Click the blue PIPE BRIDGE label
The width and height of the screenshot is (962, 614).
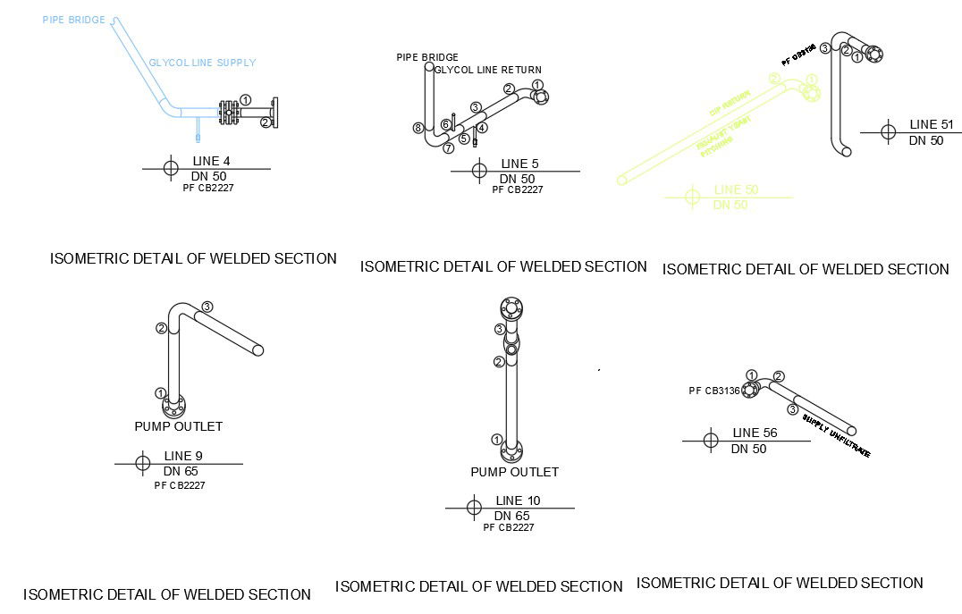coord(73,20)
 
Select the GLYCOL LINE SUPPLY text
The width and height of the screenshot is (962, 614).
coord(202,63)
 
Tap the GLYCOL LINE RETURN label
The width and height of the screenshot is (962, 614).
coord(488,70)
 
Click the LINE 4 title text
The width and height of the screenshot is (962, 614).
coord(211,161)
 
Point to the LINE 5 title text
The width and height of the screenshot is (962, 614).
coord(520,164)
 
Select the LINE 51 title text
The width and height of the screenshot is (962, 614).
coord(932,125)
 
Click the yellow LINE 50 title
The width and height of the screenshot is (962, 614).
coord(736,189)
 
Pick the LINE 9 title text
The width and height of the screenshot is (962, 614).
coord(183,456)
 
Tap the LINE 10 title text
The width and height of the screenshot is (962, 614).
coord(518,500)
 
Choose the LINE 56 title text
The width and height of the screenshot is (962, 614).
coord(755,433)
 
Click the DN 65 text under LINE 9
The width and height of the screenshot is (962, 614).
coord(181,471)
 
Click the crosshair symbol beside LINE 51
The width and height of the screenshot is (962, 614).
coord(888,132)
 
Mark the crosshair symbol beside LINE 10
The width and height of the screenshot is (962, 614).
coord(474,508)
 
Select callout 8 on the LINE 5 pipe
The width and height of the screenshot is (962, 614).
coord(418,128)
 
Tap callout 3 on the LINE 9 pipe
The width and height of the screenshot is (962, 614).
coord(207,307)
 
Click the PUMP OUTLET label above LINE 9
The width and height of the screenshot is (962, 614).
coord(178,426)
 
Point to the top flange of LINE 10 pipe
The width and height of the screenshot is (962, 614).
coord(511,309)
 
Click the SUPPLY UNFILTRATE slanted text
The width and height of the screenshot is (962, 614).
coord(836,436)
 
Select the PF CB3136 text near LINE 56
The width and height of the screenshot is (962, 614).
coord(714,391)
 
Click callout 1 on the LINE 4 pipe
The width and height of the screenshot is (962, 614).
coord(246,100)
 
